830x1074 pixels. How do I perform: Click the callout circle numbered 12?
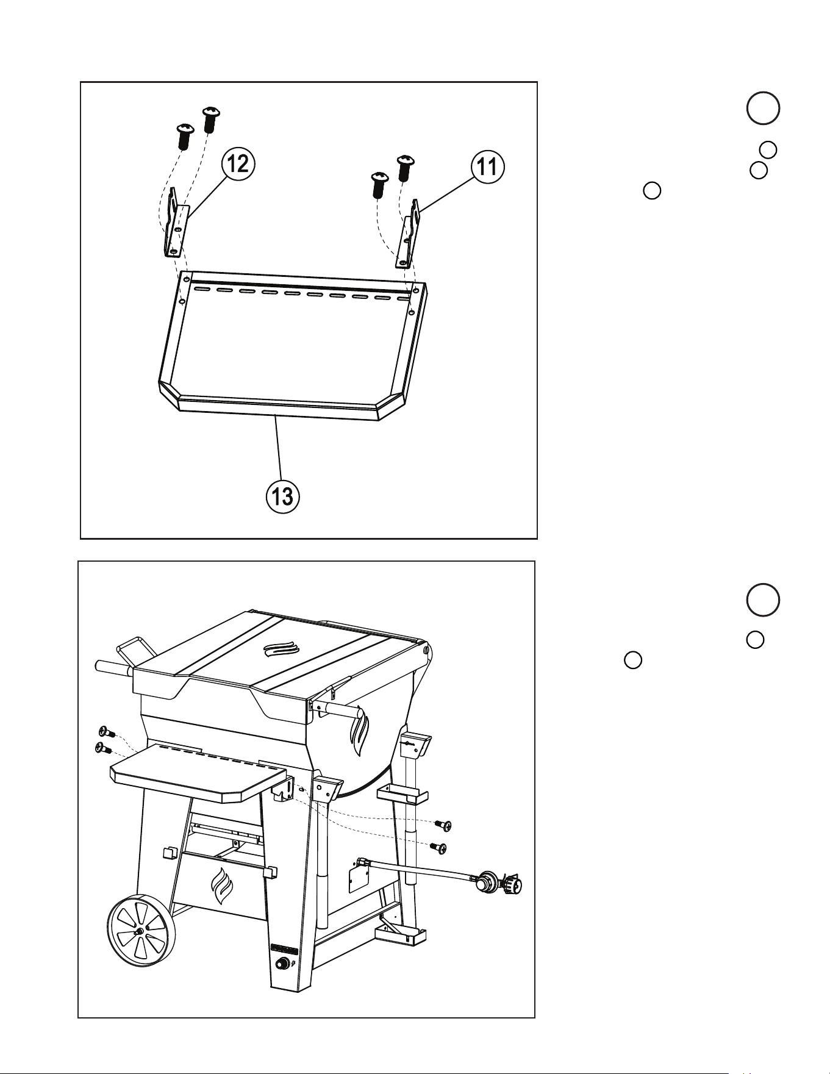[x=237, y=163]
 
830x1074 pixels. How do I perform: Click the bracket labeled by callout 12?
[x=176, y=223]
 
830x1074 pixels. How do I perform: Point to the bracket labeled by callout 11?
[x=409, y=234]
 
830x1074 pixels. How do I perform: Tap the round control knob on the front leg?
[x=282, y=964]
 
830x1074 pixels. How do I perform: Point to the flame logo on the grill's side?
[x=360, y=731]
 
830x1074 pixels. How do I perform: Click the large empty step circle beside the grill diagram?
[x=762, y=600]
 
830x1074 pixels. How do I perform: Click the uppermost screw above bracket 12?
[x=211, y=120]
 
